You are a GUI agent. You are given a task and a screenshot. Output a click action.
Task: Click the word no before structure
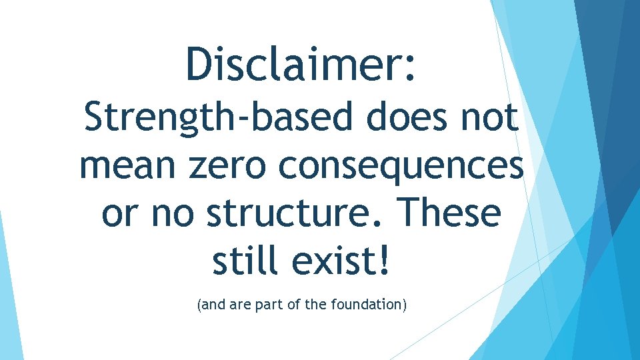(173, 213)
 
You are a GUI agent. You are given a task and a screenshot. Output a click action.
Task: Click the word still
(246, 261)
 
